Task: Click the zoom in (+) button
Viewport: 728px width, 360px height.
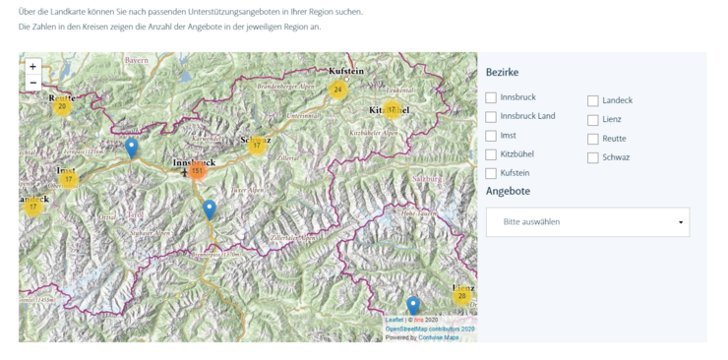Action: [x=33, y=67]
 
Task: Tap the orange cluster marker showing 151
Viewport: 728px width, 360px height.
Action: [x=197, y=170]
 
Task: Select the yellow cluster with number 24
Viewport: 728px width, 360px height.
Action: [x=338, y=90]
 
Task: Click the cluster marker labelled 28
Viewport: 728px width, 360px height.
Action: [x=461, y=296]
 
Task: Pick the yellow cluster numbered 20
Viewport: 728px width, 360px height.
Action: [x=62, y=106]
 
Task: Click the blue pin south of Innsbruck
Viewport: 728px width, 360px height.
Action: [x=210, y=209]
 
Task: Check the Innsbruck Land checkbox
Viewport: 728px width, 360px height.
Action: [x=491, y=117]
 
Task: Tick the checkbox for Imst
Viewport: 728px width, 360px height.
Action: [x=491, y=136]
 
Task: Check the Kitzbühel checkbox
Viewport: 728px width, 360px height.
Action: [x=491, y=154]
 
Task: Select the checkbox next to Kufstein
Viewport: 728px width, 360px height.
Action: [x=491, y=173]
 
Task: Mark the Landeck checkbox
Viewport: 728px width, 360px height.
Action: [x=593, y=101]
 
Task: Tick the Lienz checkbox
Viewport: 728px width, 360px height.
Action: [x=593, y=120]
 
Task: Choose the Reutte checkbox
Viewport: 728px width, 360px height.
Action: [x=593, y=139]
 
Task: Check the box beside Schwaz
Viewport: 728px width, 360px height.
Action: [x=593, y=157]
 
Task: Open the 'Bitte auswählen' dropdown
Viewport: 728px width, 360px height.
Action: [x=587, y=222]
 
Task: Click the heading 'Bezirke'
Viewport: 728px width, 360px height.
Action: [x=502, y=73]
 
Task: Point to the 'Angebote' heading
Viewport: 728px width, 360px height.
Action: [x=508, y=191]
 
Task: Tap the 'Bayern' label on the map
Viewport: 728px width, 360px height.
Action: [x=136, y=61]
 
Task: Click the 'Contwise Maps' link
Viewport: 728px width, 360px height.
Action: [x=440, y=337]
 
